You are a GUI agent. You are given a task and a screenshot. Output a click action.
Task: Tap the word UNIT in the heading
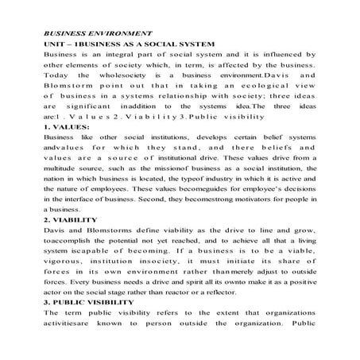point(56,46)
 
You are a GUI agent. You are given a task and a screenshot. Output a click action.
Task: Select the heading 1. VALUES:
point(68,126)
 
